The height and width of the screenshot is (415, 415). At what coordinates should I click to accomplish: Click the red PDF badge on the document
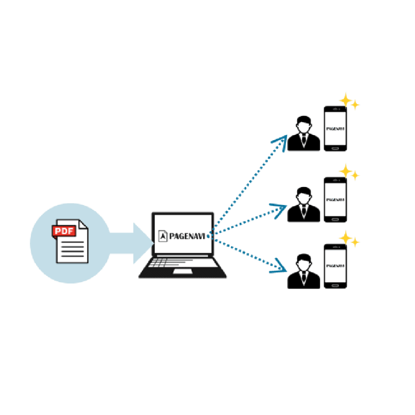[x=63, y=231]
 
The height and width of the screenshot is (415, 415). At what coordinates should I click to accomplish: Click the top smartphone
[x=335, y=128]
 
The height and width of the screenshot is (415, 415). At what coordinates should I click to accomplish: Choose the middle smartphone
[x=335, y=199]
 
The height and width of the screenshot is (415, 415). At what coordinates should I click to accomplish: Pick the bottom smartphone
[x=335, y=266]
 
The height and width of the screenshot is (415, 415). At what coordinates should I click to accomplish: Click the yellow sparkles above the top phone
[x=349, y=102]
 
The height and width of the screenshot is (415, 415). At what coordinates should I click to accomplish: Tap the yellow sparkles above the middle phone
[x=349, y=172]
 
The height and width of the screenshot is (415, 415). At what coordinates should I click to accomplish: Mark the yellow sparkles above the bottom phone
[x=349, y=239]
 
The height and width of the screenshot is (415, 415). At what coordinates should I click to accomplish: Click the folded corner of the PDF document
[x=83, y=225]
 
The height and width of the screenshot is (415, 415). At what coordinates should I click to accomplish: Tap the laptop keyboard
[x=182, y=263]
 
